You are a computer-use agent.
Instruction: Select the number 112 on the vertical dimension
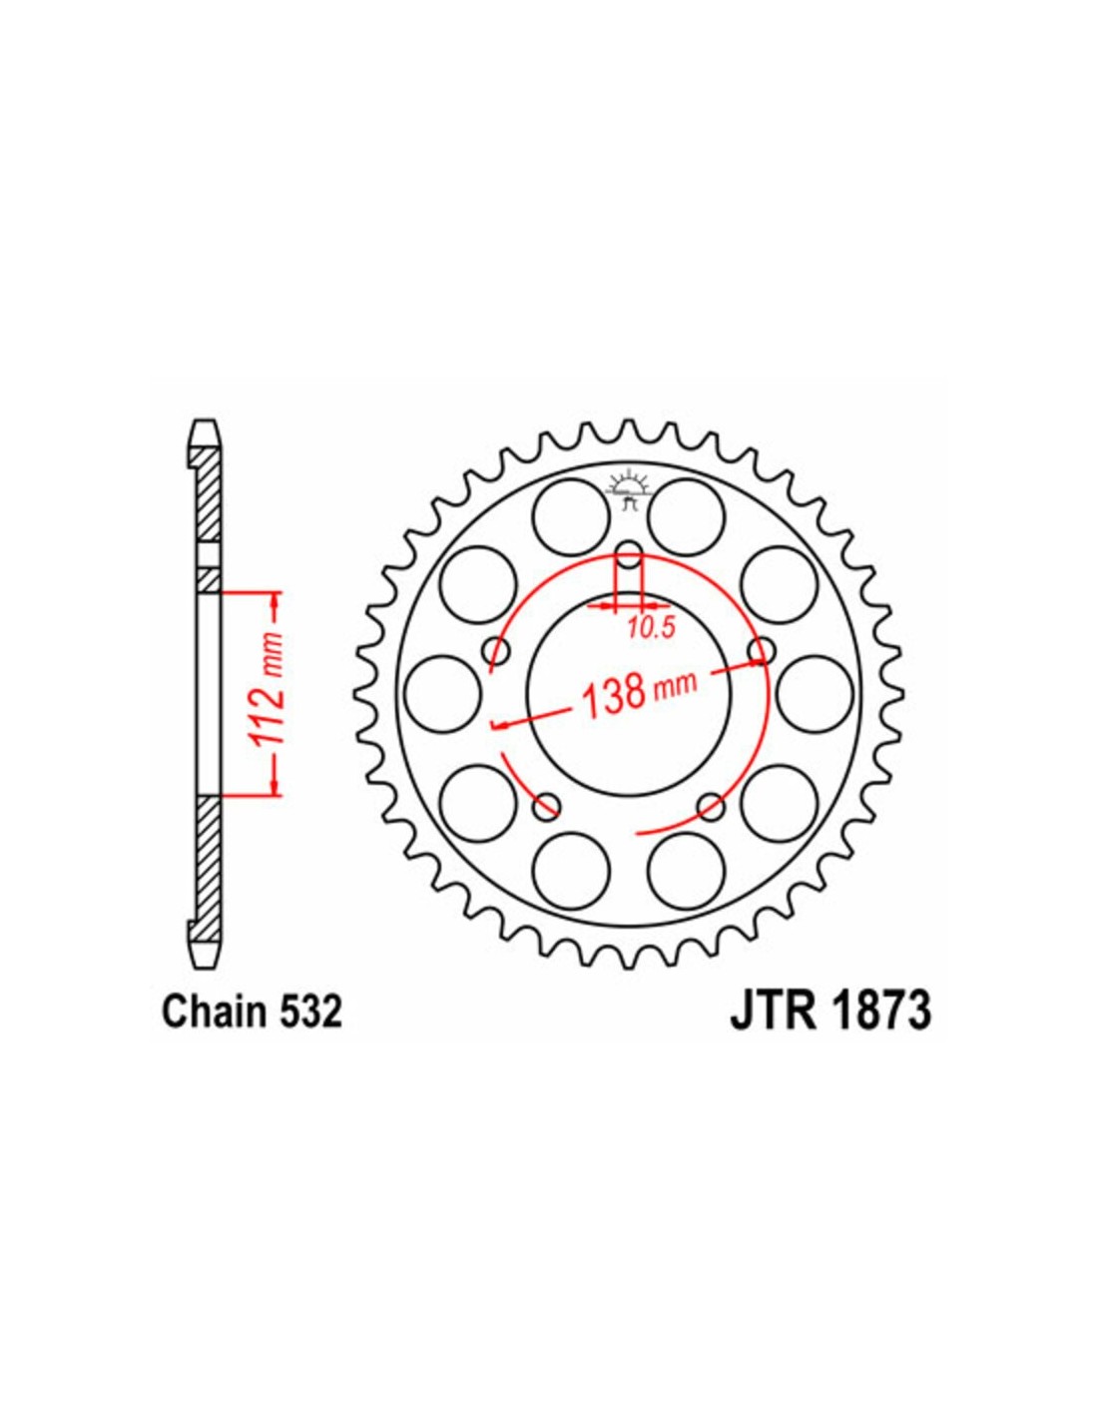click(x=268, y=709)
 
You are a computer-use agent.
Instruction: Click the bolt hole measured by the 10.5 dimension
click(x=629, y=556)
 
